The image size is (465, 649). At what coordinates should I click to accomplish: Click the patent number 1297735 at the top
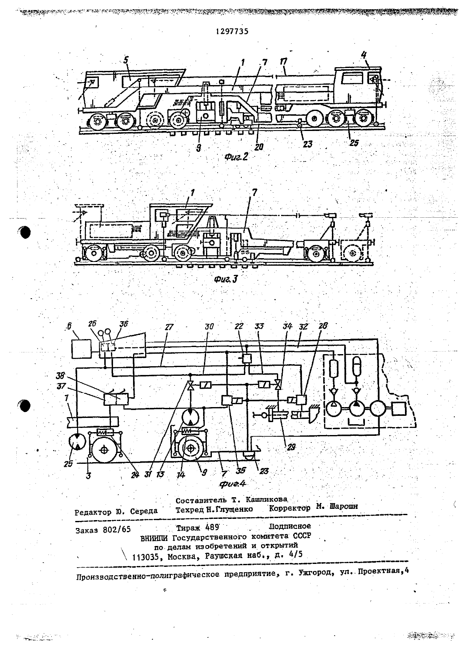[232, 31]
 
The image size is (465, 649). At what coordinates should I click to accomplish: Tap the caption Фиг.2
[236, 157]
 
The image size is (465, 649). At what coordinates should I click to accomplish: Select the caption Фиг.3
[226, 279]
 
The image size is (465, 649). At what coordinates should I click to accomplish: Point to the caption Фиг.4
[232, 484]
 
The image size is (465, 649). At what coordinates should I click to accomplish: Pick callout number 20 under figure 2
[259, 147]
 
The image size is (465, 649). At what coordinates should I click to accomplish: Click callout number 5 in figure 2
[126, 60]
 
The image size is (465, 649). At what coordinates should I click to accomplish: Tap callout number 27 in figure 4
[168, 327]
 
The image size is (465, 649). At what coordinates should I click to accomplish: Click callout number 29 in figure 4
[291, 447]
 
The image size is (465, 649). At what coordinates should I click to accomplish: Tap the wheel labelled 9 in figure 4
[190, 449]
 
